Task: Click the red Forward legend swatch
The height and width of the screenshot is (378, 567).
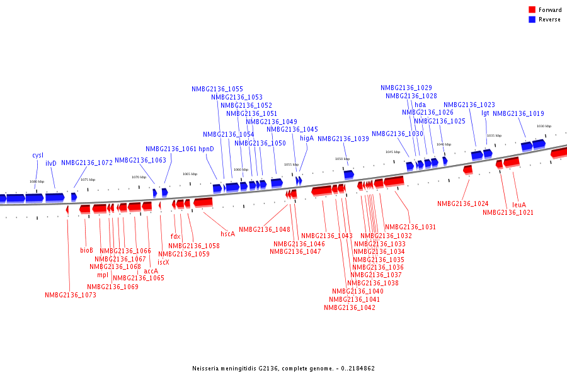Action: click(532, 9)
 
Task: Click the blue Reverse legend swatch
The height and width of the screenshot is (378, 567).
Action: click(532, 20)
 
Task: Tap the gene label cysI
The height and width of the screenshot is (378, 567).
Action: click(38, 155)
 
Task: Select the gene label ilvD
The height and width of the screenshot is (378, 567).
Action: click(51, 163)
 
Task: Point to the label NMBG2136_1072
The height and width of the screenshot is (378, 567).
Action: click(87, 163)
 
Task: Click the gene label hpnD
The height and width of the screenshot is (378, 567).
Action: click(207, 149)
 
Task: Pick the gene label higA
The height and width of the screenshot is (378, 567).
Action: click(307, 138)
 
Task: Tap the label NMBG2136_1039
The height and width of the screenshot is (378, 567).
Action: click(343, 139)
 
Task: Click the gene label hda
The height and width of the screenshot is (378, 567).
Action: click(420, 105)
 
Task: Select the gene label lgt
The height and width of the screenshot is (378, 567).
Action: click(485, 113)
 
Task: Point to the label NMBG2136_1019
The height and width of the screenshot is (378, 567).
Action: click(518, 113)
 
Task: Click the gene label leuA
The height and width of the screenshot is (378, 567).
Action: click(519, 205)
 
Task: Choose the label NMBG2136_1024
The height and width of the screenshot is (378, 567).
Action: click(463, 203)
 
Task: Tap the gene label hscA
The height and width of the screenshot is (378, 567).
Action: click(227, 234)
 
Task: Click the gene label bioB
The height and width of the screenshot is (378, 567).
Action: click(87, 250)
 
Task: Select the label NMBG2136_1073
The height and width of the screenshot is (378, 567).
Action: click(71, 295)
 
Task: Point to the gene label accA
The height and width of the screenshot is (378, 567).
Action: click(151, 271)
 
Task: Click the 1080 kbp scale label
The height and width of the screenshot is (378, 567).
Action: click(37, 181)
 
